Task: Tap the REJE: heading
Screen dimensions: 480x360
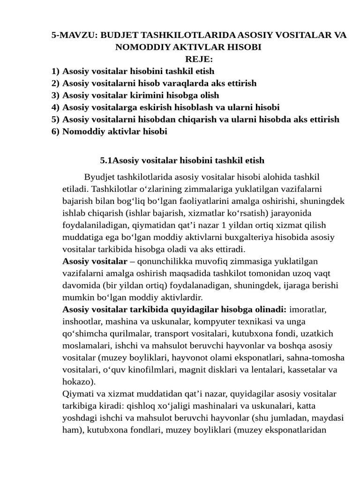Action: [199, 60]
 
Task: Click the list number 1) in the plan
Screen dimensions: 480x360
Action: [56, 71]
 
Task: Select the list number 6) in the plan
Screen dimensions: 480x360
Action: [56, 131]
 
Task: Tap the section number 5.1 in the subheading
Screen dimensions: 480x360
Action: [106, 161]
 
